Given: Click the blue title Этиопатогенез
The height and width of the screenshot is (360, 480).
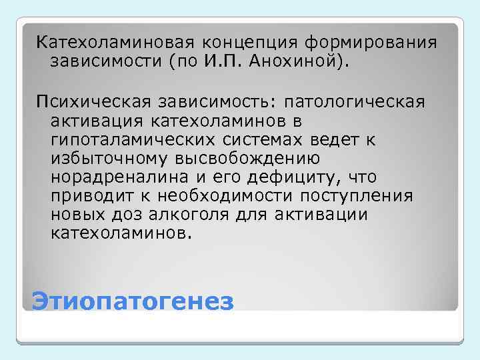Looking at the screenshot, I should [x=133, y=301].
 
